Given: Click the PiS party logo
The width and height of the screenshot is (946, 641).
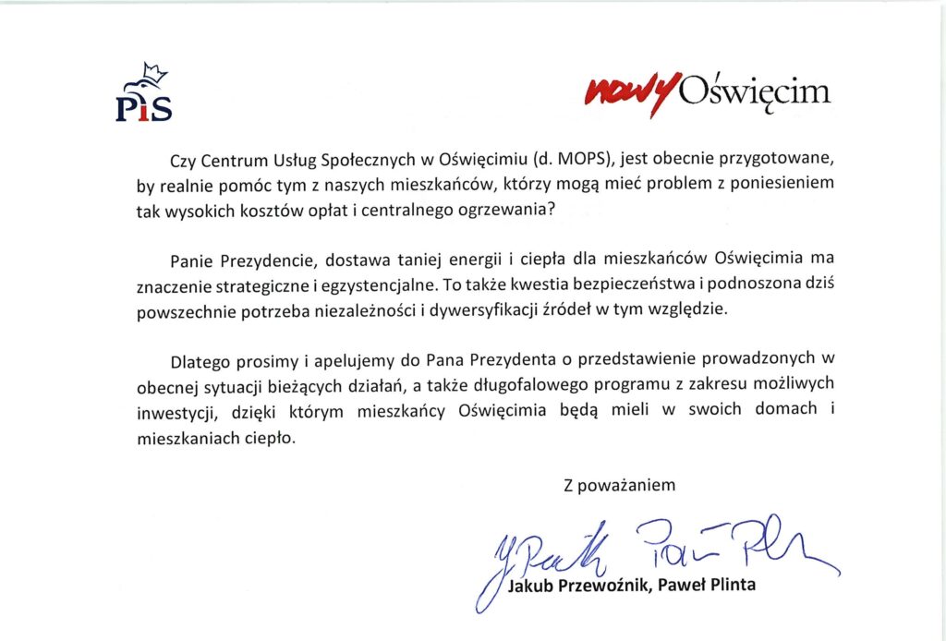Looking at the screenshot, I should pyautogui.click(x=143, y=97).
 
